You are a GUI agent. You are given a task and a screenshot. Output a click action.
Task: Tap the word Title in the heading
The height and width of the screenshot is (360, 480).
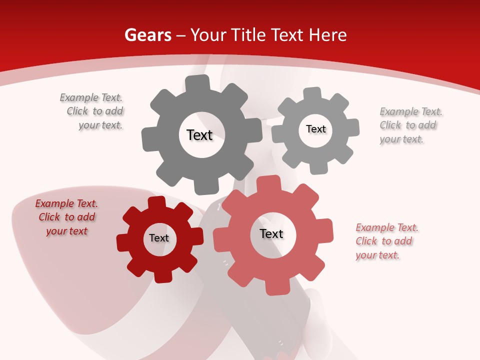coord(249,35)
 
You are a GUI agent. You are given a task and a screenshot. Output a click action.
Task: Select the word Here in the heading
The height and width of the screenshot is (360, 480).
coord(327,35)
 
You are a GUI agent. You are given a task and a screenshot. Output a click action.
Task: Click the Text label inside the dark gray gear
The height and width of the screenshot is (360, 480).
coord(199,135)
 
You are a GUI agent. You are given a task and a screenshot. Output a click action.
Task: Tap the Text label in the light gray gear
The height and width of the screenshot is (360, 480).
coord(315,129)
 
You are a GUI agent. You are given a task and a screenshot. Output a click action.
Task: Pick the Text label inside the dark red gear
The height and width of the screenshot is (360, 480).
coord(159,238)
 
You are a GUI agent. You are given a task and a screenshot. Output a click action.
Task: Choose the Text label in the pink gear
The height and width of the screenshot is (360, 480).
coord(271,233)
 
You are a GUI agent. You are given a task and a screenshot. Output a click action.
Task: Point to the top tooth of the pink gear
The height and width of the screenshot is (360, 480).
coord(274,183)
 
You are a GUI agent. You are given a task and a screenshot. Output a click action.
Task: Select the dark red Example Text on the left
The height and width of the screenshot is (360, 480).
coord(66,217)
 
